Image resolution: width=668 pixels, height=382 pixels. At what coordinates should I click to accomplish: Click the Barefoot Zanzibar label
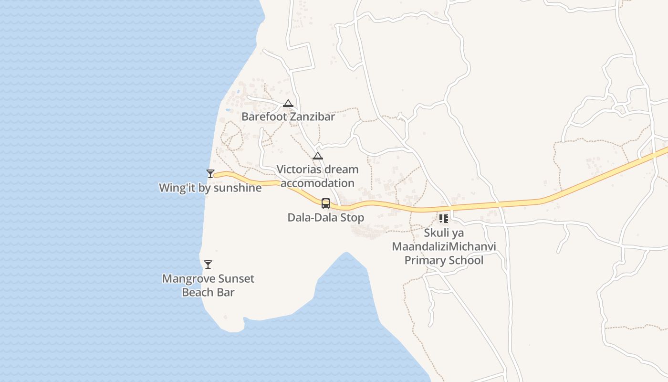(x=288, y=117)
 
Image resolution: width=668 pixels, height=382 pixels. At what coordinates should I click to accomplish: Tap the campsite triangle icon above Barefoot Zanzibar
(x=288, y=103)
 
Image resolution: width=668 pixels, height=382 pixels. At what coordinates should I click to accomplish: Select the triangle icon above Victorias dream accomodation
(x=318, y=156)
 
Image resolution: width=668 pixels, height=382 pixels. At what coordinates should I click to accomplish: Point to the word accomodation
(x=318, y=183)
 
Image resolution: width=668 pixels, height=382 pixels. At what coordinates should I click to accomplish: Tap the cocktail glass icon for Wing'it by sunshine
(x=210, y=173)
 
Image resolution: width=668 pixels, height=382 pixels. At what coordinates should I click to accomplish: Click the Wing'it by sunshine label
(x=210, y=188)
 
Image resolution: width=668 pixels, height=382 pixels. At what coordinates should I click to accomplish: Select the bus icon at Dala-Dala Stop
(x=326, y=203)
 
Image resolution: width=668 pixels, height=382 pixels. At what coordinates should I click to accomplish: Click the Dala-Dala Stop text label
(x=325, y=218)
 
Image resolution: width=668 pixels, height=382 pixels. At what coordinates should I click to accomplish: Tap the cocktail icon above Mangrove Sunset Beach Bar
(x=208, y=265)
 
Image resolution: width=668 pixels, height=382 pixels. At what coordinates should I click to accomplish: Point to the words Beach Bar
(x=208, y=292)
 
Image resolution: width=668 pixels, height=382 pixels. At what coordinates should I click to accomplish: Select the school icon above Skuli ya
(x=444, y=219)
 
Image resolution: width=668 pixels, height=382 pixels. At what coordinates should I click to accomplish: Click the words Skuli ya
(x=444, y=233)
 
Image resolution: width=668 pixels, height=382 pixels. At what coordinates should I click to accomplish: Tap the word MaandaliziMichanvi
(x=444, y=247)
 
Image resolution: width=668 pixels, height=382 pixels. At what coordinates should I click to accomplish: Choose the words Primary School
(x=444, y=260)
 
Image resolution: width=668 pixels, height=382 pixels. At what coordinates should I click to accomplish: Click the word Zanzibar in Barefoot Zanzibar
(x=313, y=117)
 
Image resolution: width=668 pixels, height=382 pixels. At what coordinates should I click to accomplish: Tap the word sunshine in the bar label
(x=237, y=188)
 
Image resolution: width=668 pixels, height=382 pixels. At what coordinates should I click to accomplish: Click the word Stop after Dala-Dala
(x=353, y=218)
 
